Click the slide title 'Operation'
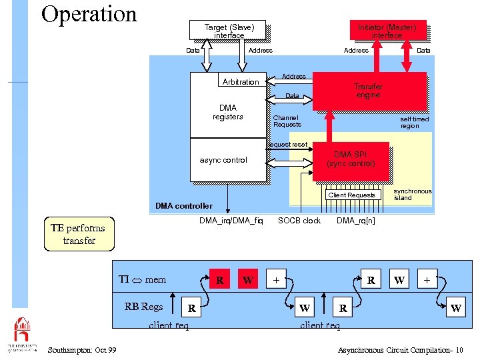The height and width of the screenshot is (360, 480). click(89, 14)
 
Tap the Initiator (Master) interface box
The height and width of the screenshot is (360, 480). click(387, 31)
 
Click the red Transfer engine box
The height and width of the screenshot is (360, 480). click(369, 91)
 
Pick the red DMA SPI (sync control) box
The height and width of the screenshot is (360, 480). click(351, 160)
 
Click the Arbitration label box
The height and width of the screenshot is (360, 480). click(241, 82)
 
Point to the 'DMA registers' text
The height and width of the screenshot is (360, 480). click(227, 112)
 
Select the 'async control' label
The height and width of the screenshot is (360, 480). click(223, 160)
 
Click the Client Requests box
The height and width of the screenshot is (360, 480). click(351, 195)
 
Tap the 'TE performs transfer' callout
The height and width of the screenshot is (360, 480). click(79, 234)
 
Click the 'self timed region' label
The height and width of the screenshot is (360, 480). click(414, 123)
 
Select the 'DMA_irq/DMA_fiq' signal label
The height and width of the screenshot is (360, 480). click(231, 221)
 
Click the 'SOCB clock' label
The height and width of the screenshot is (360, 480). click(299, 221)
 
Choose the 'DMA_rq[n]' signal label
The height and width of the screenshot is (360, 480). click(355, 221)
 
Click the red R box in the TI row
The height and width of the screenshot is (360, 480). click(219, 280)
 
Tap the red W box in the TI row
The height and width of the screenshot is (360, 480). click(248, 280)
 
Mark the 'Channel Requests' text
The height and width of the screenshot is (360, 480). click(287, 121)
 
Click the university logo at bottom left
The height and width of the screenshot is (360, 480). click(21, 333)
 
